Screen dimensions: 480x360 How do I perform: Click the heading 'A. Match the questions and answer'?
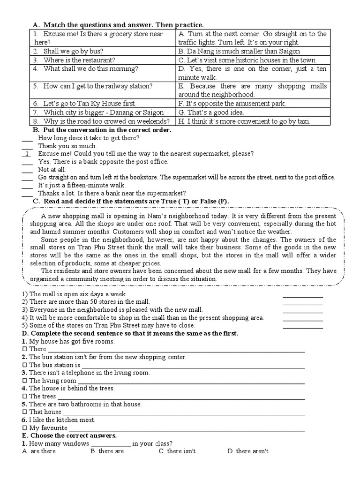[118, 25]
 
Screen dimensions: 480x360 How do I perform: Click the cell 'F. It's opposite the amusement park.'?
[232, 103]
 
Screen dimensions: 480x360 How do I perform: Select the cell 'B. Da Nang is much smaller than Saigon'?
[239, 51]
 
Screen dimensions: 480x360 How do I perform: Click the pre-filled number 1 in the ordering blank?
[28, 153]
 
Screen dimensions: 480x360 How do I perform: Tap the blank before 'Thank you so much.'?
[27, 146]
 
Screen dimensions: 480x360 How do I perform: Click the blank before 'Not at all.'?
[27, 169]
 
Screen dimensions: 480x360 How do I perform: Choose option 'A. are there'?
[39, 451]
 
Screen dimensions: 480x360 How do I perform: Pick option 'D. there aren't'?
[247, 451]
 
